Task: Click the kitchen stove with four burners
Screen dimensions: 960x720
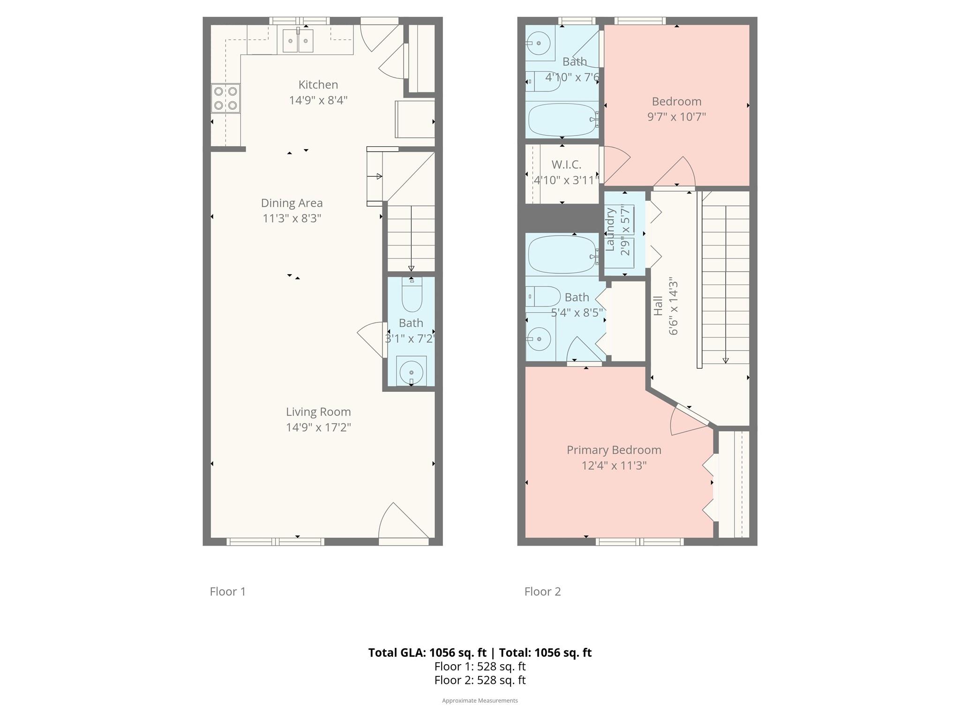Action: point(225,98)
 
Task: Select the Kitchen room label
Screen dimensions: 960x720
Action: point(318,85)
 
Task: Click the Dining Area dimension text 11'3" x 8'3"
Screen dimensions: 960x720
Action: point(292,218)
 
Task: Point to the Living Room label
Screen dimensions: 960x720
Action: point(318,412)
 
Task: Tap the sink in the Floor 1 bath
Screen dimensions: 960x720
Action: point(411,371)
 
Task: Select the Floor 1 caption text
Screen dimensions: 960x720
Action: point(228,592)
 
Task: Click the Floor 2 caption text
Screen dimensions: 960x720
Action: point(542,592)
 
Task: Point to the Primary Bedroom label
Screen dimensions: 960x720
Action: point(614,450)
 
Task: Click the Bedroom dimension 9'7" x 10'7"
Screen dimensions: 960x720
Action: point(676,117)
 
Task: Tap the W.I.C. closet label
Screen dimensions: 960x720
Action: point(566,165)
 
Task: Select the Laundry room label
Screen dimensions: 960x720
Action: point(610,229)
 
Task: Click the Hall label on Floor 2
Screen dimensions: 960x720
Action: point(658,305)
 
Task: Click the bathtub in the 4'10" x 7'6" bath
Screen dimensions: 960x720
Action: point(562,120)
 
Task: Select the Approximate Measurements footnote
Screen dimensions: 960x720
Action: point(480,701)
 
